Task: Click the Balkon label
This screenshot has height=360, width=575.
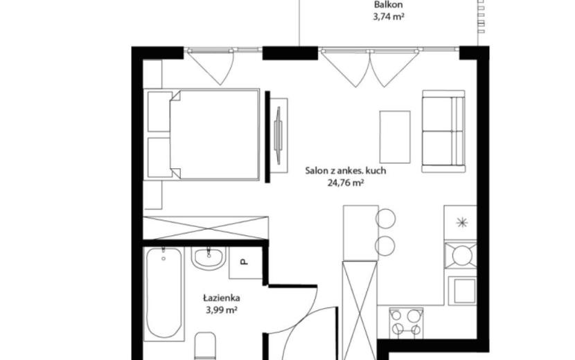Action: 389,5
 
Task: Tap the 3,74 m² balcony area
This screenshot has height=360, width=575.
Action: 389,17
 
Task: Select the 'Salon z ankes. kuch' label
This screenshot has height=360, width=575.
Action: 346,170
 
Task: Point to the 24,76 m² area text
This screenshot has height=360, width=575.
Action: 346,183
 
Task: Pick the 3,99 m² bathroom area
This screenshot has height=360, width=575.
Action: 222,310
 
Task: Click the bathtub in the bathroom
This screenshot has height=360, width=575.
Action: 163,294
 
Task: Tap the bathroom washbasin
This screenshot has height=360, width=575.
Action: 209,258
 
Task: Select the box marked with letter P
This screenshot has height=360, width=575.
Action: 245,262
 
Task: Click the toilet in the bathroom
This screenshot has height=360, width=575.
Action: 205,345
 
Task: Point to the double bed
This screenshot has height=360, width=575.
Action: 202,134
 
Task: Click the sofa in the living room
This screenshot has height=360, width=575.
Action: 443,132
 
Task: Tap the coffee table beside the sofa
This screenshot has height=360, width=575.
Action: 395,137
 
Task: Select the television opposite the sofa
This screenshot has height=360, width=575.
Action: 278,135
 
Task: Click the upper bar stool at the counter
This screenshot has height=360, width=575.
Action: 385,219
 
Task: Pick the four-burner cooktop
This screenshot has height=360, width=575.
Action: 406,322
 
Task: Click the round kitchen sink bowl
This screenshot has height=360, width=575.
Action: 461,255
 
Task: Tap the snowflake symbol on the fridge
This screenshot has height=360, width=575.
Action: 461,222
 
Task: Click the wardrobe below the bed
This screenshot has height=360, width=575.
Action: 206,228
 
